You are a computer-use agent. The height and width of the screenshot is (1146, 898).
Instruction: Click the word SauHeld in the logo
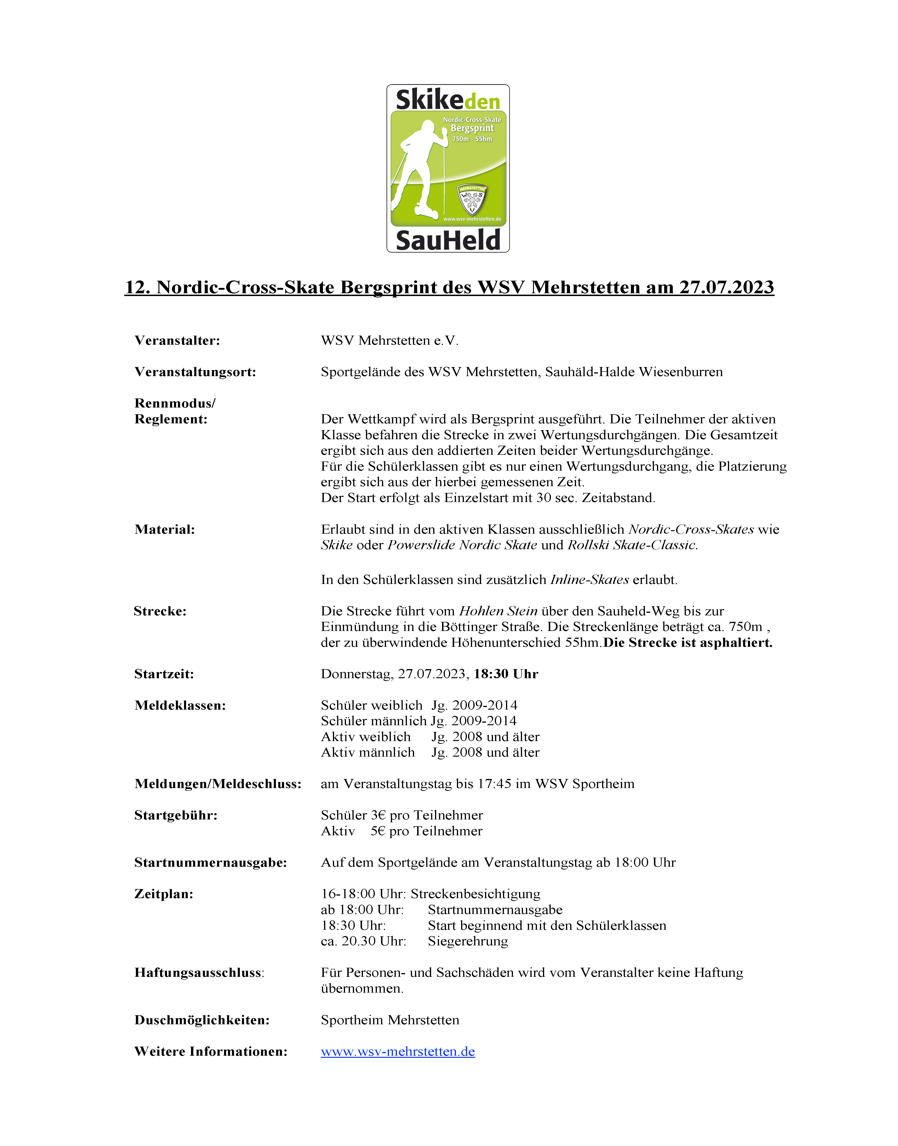tap(448, 240)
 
